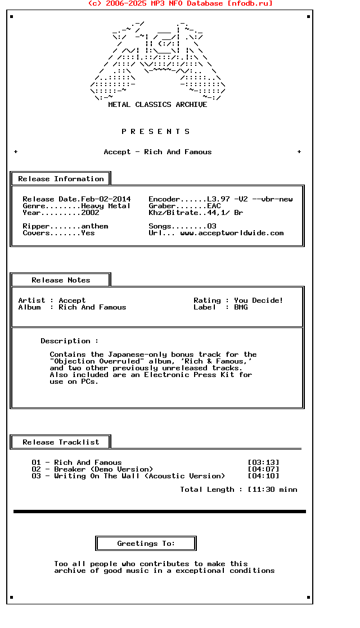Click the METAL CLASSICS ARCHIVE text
pos(157,105)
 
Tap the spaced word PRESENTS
pos(156,132)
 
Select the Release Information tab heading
pos(61,179)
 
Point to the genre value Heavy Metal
pos(106,206)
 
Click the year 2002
pos(90,213)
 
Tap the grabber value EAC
pos(214,206)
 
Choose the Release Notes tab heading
pos(61,280)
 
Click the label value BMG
pos(241,307)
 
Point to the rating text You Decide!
pos(259,300)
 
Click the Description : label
pos(69,341)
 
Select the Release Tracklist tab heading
pos(61,442)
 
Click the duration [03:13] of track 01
pos(263,463)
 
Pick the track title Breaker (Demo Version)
pos(103,469)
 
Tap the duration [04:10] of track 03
pos(263,476)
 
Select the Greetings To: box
pos(146,544)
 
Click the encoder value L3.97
pos(218,199)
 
